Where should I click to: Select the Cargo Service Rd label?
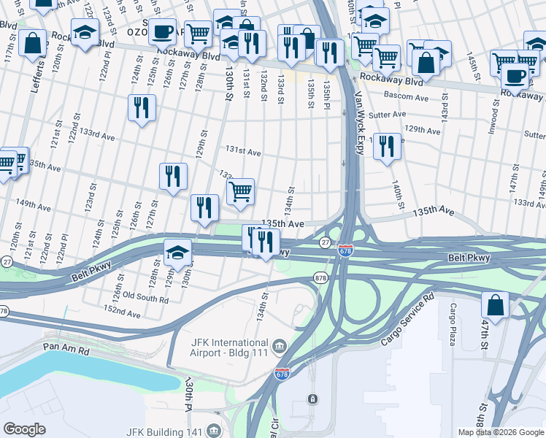click(408, 320)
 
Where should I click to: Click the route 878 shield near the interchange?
click(320, 277)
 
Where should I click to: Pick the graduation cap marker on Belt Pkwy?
click(177, 253)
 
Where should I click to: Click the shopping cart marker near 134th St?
click(240, 192)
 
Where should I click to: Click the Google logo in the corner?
click(24, 429)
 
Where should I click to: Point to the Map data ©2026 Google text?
click(501, 432)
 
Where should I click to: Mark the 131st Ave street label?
click(243, 152)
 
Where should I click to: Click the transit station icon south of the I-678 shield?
click(312, 399)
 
